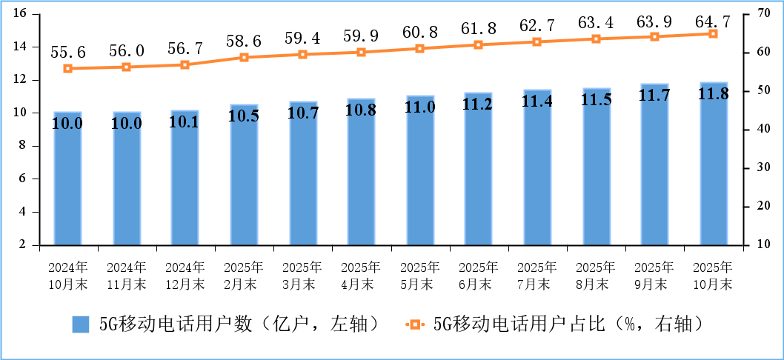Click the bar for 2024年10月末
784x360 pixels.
(x=67, y=178)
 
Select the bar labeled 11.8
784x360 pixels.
(x=714, y=163)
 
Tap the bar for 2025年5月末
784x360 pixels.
(x=420, y=170)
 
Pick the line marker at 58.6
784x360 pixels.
(x=244, y=57)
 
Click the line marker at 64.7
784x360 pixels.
(x=714, y=33)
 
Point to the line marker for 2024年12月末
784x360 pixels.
(x=185, y=64)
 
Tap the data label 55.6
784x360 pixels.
(x=67, y=52)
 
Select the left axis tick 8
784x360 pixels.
(x=22, y=146)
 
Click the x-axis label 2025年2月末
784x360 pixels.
(x=244, y=275)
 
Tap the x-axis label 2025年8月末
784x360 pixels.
(x=597, y=275)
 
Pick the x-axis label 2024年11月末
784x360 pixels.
(x=127, y=275)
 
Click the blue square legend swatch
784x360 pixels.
(x=81, y=324)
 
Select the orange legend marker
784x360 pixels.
(x=415, y=324)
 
